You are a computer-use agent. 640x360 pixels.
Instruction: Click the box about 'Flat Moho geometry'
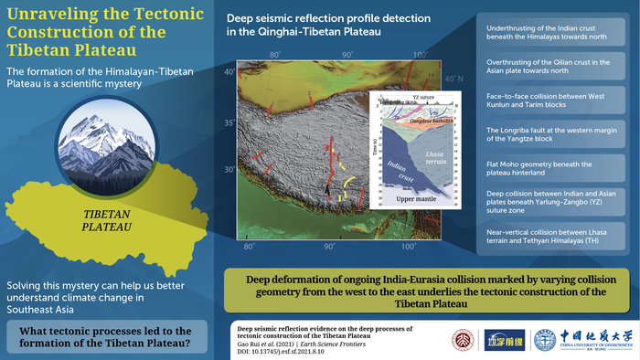click(x=552, y=170)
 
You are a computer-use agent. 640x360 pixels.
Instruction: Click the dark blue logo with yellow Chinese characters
click(x=498, y=340)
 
